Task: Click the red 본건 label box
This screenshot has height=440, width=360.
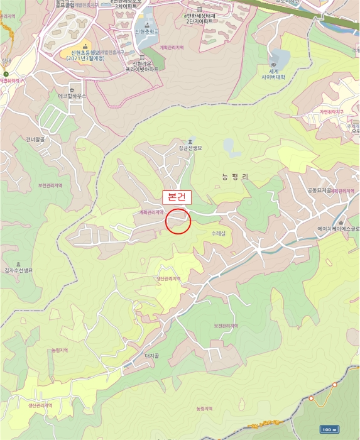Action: [x=177, y=196]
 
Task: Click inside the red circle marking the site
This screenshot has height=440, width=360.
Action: [x=178, y=221]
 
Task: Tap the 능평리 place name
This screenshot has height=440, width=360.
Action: [x=236, y=177]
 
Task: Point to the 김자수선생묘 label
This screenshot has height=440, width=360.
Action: [x=18, y=270]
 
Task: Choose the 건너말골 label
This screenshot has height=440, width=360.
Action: [x=37, y=139]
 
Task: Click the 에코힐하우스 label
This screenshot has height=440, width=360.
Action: [x=72, y=96]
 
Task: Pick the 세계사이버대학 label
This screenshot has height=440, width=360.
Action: [x=273, y=74]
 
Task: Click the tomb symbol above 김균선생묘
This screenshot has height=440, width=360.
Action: [x=191, y=141]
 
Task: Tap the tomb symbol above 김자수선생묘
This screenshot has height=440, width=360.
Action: [x=18, y=263]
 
